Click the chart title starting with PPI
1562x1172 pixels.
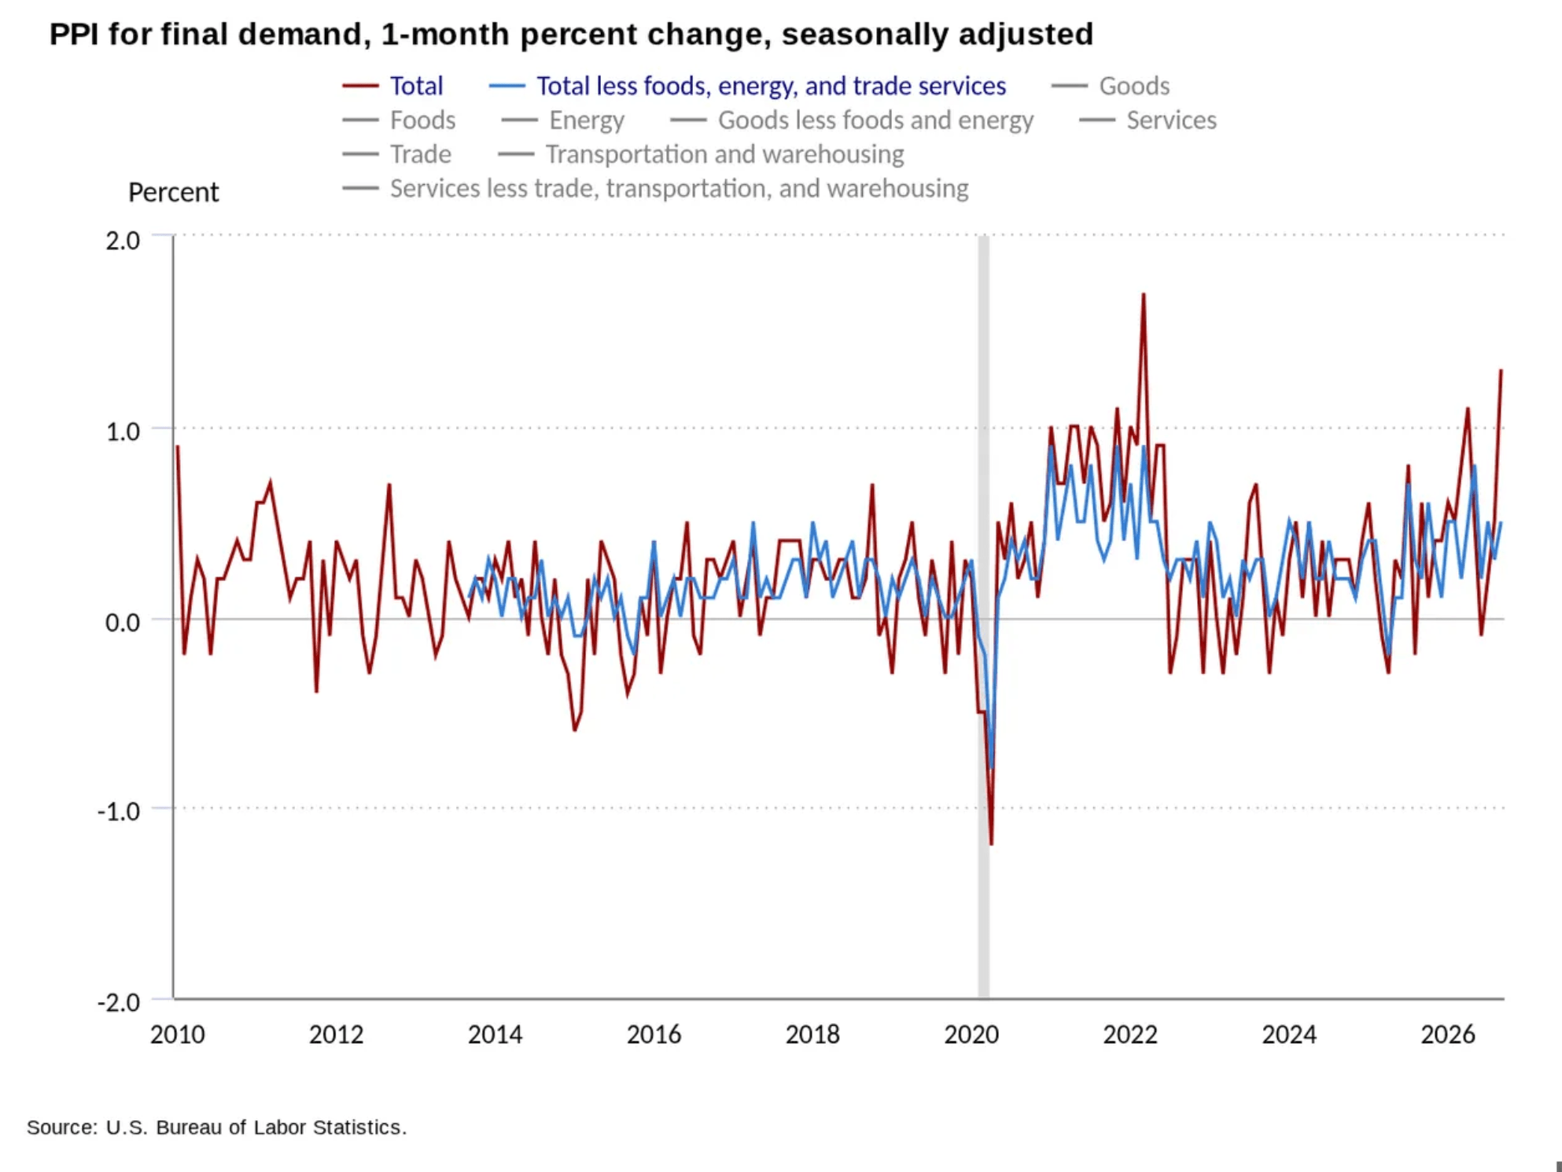click(571, 35)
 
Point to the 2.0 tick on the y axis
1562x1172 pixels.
click(123, 240)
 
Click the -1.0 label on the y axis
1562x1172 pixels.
click(119, 811)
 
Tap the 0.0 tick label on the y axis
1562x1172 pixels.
click(123, 622)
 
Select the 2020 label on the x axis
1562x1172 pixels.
click(971, 1034)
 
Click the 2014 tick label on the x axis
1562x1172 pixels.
click(495, 1034)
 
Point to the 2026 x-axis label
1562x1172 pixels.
click(1448, 1034)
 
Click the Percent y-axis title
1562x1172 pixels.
click(174, 193)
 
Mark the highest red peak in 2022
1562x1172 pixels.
click(1143, 294)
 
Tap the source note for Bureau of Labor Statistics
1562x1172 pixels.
click(217, 1127)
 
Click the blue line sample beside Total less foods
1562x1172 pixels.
click(507, 86)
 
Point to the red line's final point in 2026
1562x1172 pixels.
click(1501, 370)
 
